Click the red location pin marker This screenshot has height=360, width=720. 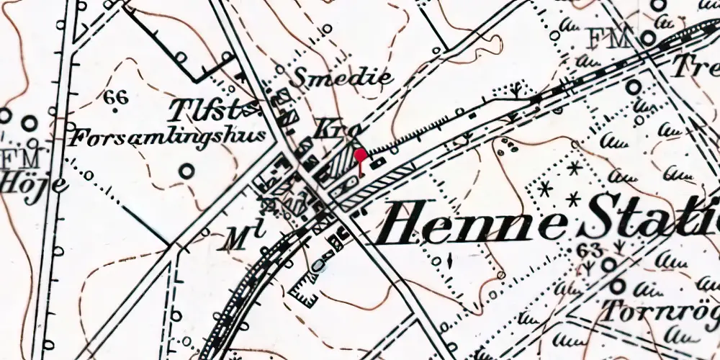point(361,155)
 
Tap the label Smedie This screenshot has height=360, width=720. point(343,77)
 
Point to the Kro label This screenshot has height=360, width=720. point(332,130)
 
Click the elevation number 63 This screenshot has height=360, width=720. point(589,250)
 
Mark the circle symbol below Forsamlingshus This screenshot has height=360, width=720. point(187,171)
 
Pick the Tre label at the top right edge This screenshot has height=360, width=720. point(695,67)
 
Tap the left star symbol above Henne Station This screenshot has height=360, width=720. point(544,189)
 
